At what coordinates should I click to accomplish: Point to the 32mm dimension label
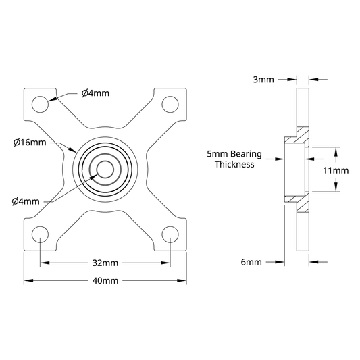click(105, 263)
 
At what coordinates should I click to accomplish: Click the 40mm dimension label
click(105, 280)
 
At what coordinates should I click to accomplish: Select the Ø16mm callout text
click(30, 143)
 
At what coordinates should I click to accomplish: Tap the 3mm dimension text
click(263, 80)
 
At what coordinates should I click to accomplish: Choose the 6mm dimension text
click(251, 262)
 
